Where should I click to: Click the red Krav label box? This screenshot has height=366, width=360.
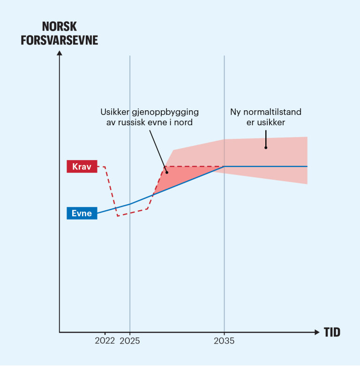pos(82,167)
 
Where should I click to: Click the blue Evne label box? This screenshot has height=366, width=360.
pos(82,213)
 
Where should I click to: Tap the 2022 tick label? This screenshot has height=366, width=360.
pos(105,341)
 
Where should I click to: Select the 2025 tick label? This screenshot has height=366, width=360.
pos(130,341)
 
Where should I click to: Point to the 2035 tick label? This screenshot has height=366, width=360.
pos(224,341)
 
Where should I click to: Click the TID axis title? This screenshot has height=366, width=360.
pos(332,333)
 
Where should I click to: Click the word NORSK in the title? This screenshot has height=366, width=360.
pos(60,26)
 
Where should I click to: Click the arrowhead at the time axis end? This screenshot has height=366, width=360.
pos(316,332)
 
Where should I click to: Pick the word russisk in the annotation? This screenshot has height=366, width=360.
pos(136,123)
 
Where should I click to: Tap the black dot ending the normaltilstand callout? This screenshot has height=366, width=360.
pos(266,147)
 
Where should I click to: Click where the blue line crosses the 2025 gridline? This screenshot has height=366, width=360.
pos(130,204)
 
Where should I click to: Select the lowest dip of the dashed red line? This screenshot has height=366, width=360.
pos(118,215)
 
